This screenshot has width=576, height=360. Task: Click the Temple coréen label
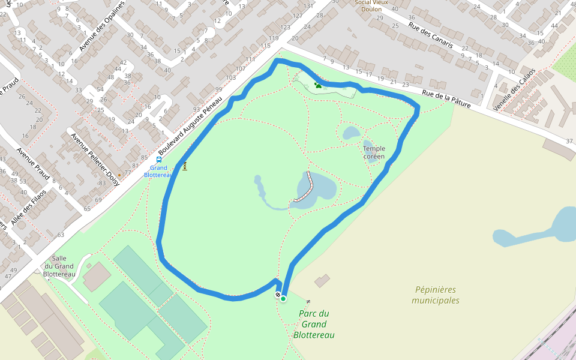click(374, 152)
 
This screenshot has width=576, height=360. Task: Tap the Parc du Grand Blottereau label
click(314, 324)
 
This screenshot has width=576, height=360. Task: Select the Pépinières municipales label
click(436, 295)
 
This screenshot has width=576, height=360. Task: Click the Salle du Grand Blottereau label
click(59, 266)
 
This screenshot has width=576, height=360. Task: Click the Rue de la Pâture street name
click(446, 99)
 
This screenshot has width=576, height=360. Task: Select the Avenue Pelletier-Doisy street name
click(95, 159)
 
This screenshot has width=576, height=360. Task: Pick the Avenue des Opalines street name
click(103, 26)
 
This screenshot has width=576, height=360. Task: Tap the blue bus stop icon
click(158, 160)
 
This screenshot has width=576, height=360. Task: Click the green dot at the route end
click(283, 298)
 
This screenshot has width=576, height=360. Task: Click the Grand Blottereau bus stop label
click(158, 172)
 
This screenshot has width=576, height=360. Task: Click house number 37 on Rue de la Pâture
click(569, 140)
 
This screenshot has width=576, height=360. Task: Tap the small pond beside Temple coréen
click(350, 133)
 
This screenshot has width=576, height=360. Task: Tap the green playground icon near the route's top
click(317, 85)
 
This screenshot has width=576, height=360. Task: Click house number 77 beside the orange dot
click(127, 173)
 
